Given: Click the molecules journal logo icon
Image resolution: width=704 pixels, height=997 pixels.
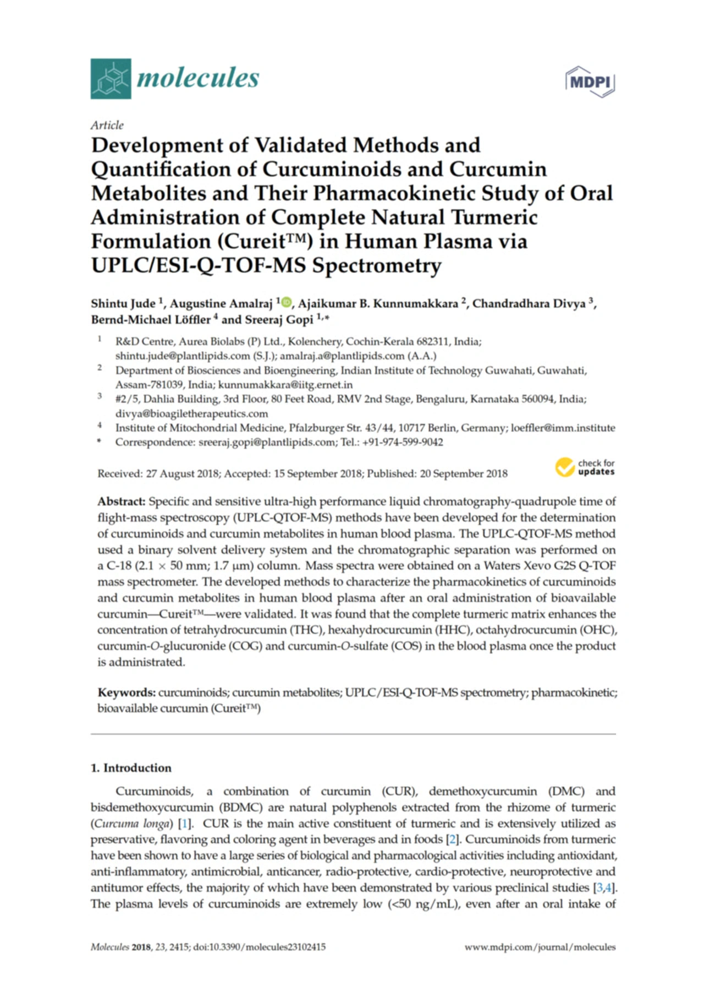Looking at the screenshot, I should tap(111, 79).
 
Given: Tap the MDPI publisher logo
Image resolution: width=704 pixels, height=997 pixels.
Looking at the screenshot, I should tap(590, 82).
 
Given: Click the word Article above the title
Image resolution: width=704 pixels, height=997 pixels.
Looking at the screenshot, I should tap(107, 125).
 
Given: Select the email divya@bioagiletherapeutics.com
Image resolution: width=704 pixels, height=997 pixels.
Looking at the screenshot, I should tap(191, 413).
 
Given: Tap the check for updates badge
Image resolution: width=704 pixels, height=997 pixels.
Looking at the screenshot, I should tap(585, 467).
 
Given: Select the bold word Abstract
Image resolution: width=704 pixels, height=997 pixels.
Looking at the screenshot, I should tap(122, 502).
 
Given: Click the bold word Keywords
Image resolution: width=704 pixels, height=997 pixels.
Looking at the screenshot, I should tap(127, 693).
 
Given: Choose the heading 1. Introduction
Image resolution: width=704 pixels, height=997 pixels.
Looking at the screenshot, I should tap(131, 768).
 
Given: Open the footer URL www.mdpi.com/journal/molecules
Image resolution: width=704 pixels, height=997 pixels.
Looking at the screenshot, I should tap(540, 947).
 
